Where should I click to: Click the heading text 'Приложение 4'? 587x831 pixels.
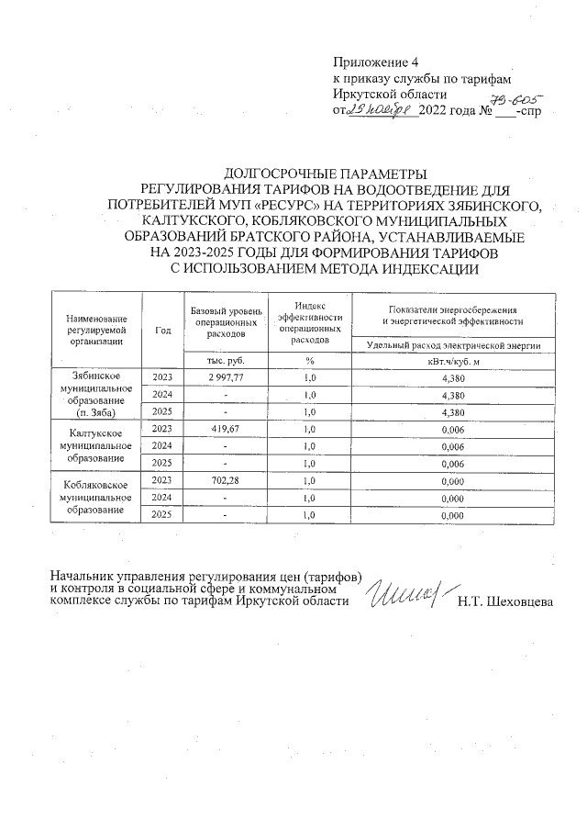point(374,62)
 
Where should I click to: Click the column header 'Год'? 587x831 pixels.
point(163,330)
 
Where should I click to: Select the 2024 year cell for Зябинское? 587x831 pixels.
point(163,395)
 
